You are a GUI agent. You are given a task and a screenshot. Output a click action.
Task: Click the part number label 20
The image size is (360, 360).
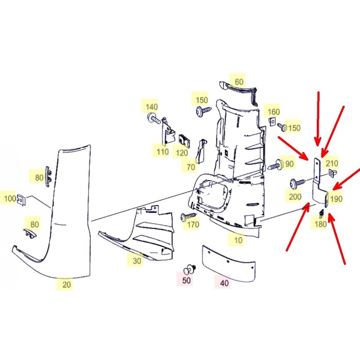tap(66, 284)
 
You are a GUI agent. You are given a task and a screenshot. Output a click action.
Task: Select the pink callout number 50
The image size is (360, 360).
tap(186, 280)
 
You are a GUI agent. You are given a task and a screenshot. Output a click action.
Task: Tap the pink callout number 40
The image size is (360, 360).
tap(224, 283)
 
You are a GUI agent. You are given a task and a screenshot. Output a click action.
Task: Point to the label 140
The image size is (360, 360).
tap(152, 107)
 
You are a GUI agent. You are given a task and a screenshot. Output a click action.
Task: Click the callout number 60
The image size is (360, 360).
tap(239, 81)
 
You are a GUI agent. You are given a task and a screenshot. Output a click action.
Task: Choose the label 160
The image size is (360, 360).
tap(274, 112)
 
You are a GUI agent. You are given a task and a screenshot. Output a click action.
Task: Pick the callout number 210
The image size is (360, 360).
tap(332, 163)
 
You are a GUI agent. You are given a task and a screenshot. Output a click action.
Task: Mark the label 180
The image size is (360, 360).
tap(320, 224)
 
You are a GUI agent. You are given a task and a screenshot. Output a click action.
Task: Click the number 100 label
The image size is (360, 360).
tap(10, 198)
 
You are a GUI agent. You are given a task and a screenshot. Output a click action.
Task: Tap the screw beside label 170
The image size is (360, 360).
tap(189, 216)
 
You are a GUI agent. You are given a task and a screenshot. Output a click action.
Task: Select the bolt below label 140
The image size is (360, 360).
tap(154, 118)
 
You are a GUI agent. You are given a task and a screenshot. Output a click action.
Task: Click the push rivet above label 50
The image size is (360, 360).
tap(189, 269)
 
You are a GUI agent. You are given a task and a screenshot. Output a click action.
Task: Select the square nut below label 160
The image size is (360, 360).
tap(272, 121)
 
